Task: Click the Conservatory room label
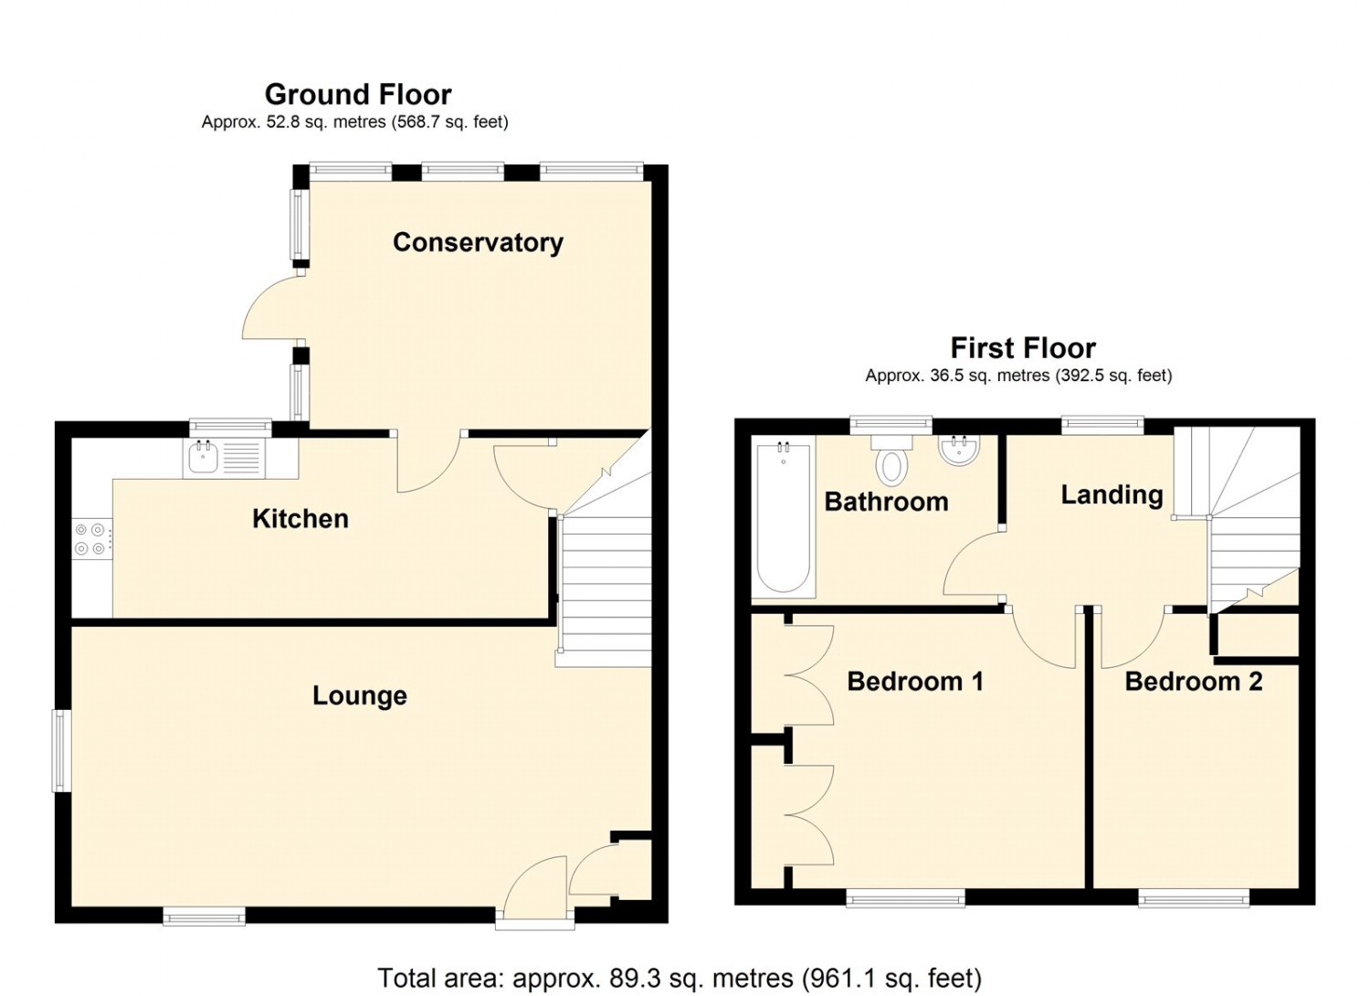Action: [478, 243]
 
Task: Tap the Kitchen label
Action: [300, 519]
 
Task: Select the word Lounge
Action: [360, 695]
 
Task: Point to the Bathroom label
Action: [886, 502]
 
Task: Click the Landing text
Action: [1112, 495]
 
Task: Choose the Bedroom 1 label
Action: [915, 682]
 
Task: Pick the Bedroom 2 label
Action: [1193, 682]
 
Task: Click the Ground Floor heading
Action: [358, 94]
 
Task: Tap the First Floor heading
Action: [1023, 348]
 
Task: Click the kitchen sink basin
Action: [203, 458]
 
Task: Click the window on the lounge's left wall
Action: [61, 750]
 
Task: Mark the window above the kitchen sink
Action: [230, 427]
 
